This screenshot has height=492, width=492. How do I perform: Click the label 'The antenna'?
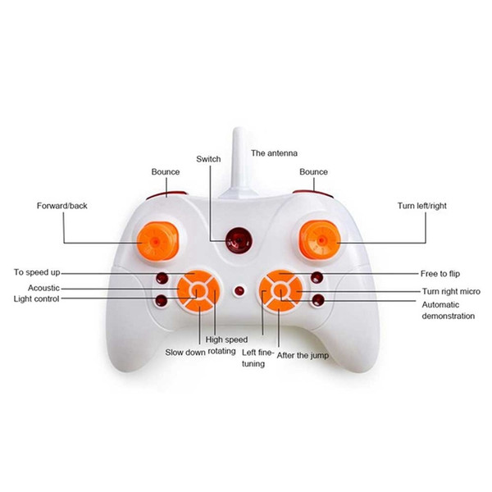[x=274, y=153]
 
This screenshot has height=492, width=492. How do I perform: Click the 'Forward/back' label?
[x=61, y=206]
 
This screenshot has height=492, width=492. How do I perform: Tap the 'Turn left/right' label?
[x=421, y=206]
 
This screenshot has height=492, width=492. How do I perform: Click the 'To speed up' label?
[x=38, y=272]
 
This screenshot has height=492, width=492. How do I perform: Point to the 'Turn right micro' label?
[x=450, y=291]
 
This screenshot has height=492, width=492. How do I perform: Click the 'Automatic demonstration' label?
[x=448, y=310]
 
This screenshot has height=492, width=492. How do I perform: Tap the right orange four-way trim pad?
[x=280, y=289]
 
